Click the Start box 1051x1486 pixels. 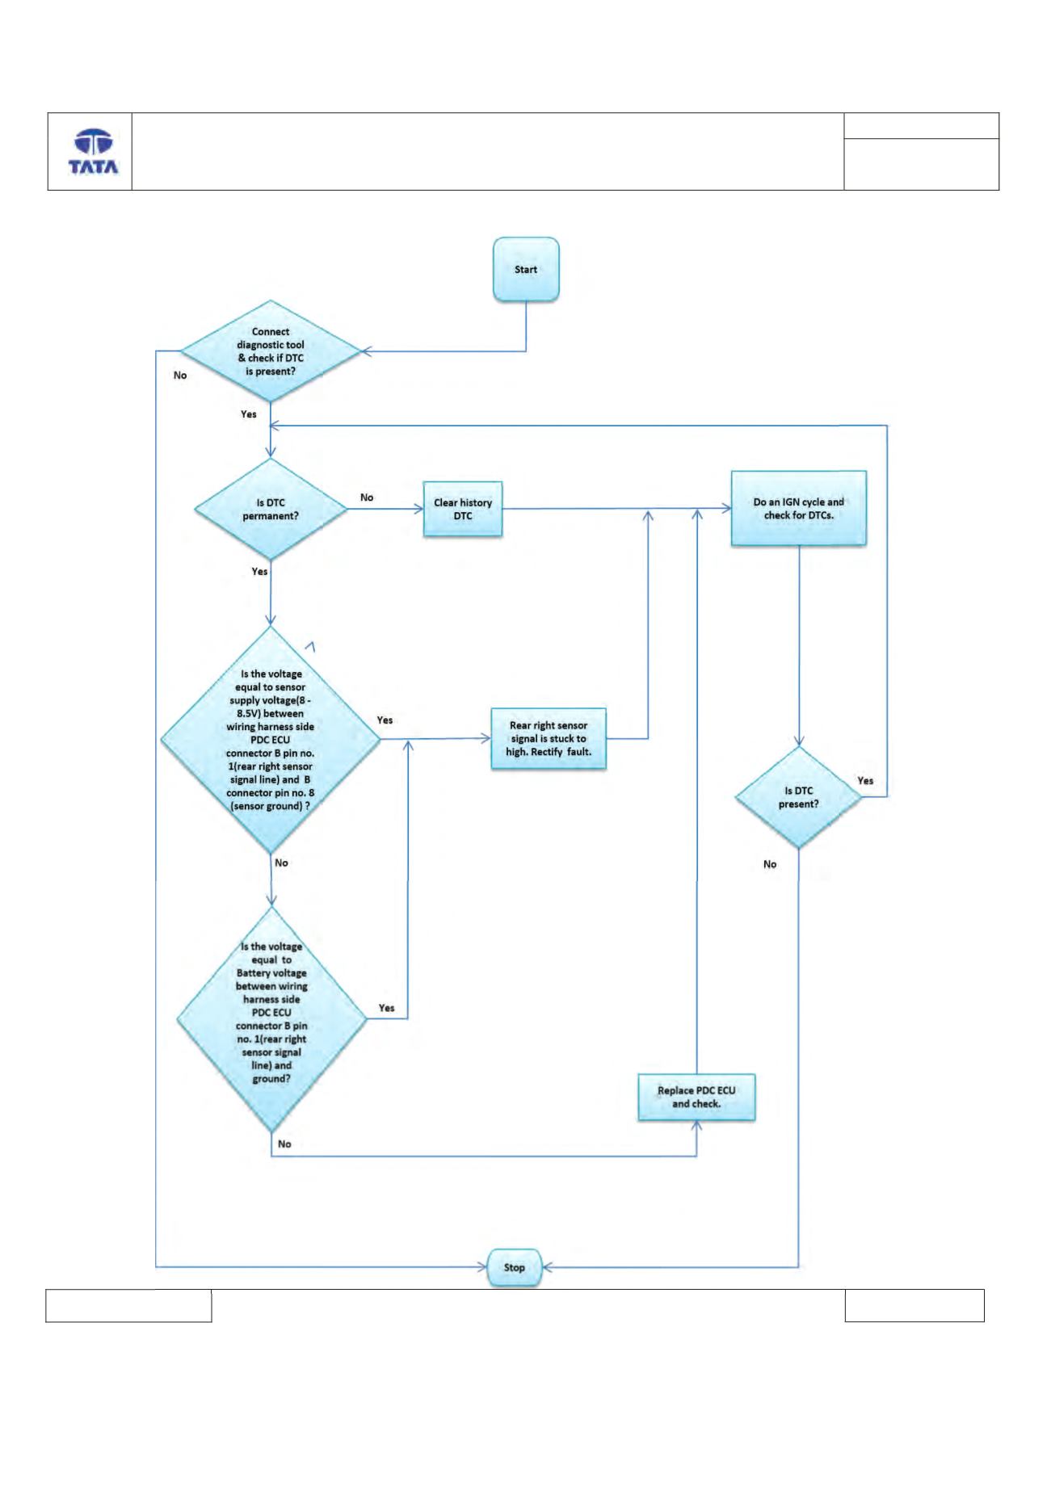(x=526, y=270)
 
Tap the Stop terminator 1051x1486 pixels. (x=514, y=1267)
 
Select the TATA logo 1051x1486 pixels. (x=93, y=152)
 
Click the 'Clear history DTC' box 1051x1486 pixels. (x=463, y=509)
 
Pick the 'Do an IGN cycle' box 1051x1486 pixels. (x=799, y=509)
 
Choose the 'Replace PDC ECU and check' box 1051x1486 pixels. (x=696, y=1097)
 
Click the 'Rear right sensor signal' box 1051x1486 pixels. (x=549, y=738)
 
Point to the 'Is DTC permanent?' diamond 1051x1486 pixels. (x=271, y=509)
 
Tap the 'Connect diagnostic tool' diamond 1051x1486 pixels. (x=271, y=351)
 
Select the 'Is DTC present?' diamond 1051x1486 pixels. (x=799, y=797)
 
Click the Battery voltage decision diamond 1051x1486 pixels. (x=271, y=1019)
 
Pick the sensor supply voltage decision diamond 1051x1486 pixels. (x=271, y=739)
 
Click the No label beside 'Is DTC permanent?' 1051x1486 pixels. (x=367, y=497)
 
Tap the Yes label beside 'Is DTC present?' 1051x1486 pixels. (x=865, y=781)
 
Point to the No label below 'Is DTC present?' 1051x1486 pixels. (x=770, y=864)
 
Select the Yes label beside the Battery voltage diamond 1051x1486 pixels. (x=387, y=1008)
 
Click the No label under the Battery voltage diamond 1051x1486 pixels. (x=284, y=1144)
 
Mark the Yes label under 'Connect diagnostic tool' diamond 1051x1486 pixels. (x=249, y=414)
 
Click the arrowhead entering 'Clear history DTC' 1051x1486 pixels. (x=418, y=509)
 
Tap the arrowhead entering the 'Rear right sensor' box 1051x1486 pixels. (x=486, y=738)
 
